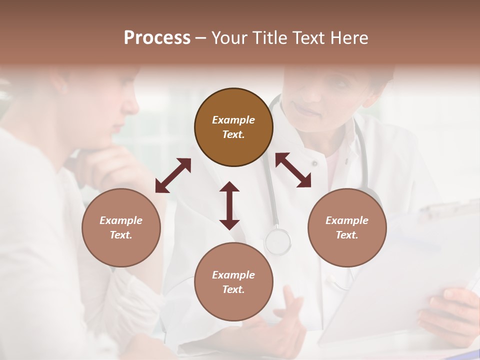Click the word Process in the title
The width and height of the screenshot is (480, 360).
pyautogui.click(x=157, y=38)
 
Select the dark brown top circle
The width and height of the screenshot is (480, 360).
pyautogui.click(x=233, y=127)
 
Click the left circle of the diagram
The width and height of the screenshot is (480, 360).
pyautogui.click(x=121, y=227)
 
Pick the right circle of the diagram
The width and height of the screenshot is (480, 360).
pyautogui.click(x=347, y=227)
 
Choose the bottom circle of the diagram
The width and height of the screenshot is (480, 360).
pyautogui.click(x=233, y=282)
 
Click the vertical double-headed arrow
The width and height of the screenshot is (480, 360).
pyautogui.click(x=229, y=205)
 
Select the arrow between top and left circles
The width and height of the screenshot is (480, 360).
pyautogui.click(x=173, y=175)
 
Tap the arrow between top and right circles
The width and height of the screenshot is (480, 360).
pyautogui.click(x=293, y=170)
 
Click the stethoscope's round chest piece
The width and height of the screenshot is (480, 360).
pyautogui.click(x=277, y=241)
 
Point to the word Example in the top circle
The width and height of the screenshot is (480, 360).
pyautogui.click(x=233, y=120)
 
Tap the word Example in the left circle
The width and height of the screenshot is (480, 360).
pyautogui.click(x=121, y=220)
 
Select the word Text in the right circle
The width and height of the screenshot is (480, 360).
pyautogui.click(x=346, y=235)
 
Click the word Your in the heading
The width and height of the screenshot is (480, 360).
pyautogui.click(x=229, y=38)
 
